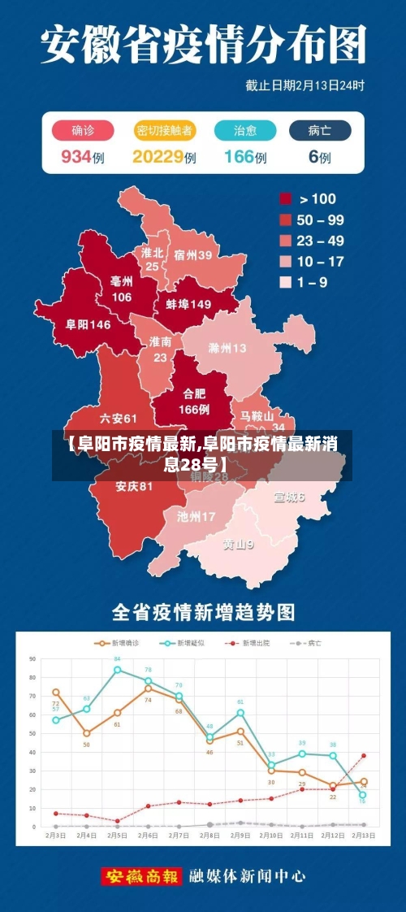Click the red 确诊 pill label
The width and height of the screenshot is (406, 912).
[82, 131]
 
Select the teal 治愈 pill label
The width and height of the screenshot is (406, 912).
[245, 131]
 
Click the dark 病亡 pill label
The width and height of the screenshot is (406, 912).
[319, 131]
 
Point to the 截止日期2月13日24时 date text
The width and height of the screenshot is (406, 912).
[304, 85]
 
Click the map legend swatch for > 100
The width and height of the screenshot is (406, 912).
[286, 198]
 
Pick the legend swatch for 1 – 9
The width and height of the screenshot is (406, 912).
[286, 282]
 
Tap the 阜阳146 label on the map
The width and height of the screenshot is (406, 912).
[88, 324]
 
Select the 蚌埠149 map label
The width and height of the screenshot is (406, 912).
[188, 304]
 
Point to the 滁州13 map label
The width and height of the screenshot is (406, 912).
[227, 349]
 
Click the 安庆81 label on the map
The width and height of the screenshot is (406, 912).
[134, 487]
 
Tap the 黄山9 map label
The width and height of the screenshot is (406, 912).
[239, 544]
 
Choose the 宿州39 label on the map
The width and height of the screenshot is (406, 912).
[192, 255]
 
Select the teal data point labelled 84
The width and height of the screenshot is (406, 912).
[118, 670]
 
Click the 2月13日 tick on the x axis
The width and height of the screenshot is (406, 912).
[363, 836]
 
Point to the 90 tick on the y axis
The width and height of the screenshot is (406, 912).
[32, 658]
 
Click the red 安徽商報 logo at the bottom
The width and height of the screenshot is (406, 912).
[141, 877]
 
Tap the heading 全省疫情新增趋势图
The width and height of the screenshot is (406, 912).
[203, 611]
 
